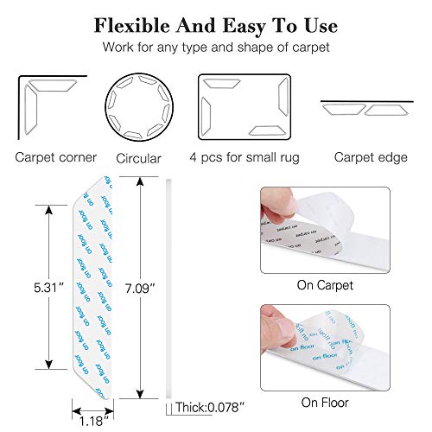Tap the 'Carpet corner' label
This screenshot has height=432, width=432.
click(x=54, y=158)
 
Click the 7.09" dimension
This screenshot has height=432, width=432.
click(x=141, y=284)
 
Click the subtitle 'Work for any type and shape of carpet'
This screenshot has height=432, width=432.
click(x=215, y=49)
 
